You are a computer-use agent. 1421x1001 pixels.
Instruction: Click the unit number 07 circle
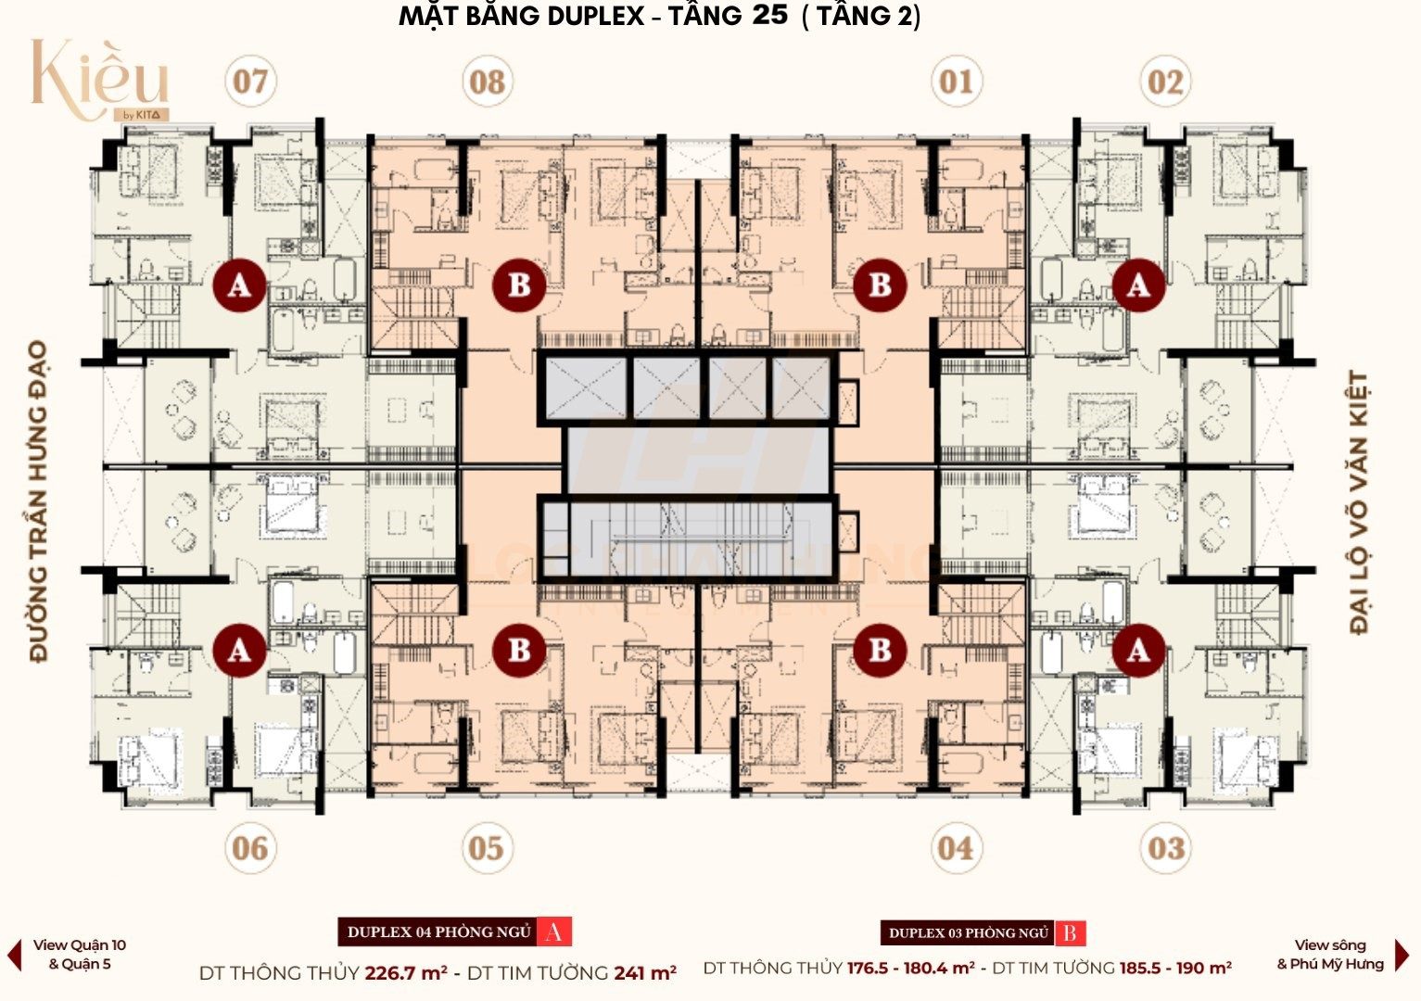250,82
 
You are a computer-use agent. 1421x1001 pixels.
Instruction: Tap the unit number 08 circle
487,82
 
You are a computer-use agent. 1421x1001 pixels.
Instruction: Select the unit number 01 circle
956,82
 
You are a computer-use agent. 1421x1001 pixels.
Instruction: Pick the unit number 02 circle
1165,82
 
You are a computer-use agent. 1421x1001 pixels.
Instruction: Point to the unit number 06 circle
250,847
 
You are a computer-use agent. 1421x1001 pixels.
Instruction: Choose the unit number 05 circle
487,847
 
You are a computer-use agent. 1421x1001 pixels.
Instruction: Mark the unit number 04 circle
956,847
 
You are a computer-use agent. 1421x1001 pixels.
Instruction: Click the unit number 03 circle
1165,847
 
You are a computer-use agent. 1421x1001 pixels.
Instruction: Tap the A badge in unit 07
239,285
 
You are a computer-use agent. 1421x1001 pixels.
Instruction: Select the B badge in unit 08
519,285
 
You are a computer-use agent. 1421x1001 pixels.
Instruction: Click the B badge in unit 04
880,651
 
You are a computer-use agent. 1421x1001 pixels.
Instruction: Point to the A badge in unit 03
1137,651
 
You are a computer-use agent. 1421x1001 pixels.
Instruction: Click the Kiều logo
99,80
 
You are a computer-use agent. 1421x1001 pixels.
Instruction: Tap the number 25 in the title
770,15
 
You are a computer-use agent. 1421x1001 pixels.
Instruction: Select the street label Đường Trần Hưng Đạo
38,501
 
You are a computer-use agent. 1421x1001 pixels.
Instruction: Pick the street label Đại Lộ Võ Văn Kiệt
1359,501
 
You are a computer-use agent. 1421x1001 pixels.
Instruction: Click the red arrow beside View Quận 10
14,955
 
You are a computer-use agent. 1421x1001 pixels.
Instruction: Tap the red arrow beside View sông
1402,955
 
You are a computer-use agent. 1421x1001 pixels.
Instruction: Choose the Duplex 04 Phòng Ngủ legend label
439,931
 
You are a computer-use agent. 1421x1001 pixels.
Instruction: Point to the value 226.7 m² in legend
406,973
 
